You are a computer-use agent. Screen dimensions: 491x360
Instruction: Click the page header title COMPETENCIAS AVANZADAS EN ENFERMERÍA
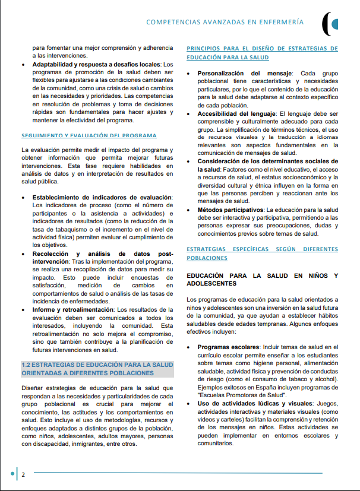(x=225, y=22)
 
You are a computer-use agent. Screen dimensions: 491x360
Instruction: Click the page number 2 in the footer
(x=23, y=475)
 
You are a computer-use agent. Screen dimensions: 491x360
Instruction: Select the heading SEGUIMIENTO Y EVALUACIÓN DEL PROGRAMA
(x=89, y=135)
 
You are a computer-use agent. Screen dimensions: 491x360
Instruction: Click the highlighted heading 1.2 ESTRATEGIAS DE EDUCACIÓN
(x=97, y=369)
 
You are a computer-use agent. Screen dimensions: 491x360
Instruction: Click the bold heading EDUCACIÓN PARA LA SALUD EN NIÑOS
(x=262, y=279)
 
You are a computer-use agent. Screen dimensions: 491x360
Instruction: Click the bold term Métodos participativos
(x=230, y=210)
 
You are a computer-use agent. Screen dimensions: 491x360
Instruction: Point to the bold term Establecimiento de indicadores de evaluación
(x=102, y=197)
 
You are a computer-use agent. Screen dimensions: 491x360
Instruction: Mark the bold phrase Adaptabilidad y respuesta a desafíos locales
(x=96, y=64)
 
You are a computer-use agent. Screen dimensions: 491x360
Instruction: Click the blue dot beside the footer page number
(x=12, y=474)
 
